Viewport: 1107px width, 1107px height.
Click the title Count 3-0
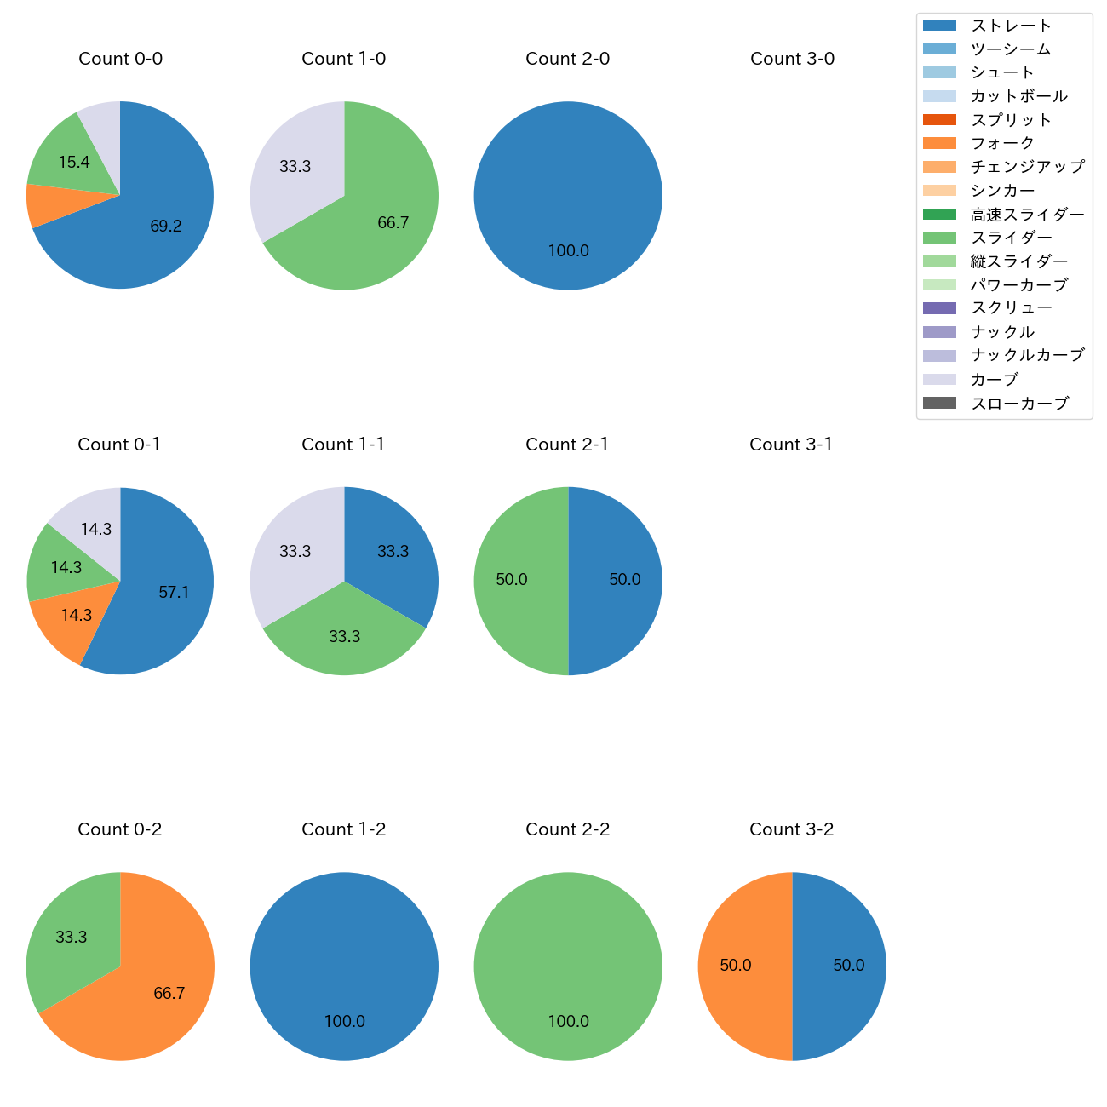[792, 59]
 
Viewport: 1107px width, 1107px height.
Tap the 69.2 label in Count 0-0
[166, 227]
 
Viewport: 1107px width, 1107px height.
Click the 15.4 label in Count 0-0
[74, 163]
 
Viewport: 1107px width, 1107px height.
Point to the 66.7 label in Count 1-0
[393, 223]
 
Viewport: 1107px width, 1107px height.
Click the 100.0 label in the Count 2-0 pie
[568, 251]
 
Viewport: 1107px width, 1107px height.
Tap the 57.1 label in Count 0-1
[174, 592]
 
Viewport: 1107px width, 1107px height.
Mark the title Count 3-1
[791, 445]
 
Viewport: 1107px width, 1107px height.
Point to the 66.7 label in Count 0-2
[169, 994]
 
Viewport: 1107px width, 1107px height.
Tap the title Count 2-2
[568, 829]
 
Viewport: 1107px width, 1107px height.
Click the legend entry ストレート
[1011, 26]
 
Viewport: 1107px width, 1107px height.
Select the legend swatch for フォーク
[939, 143]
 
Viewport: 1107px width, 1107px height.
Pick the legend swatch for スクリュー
[939, 308]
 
